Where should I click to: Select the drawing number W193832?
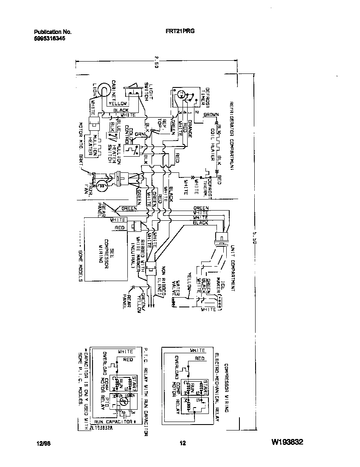click(287, 443)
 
